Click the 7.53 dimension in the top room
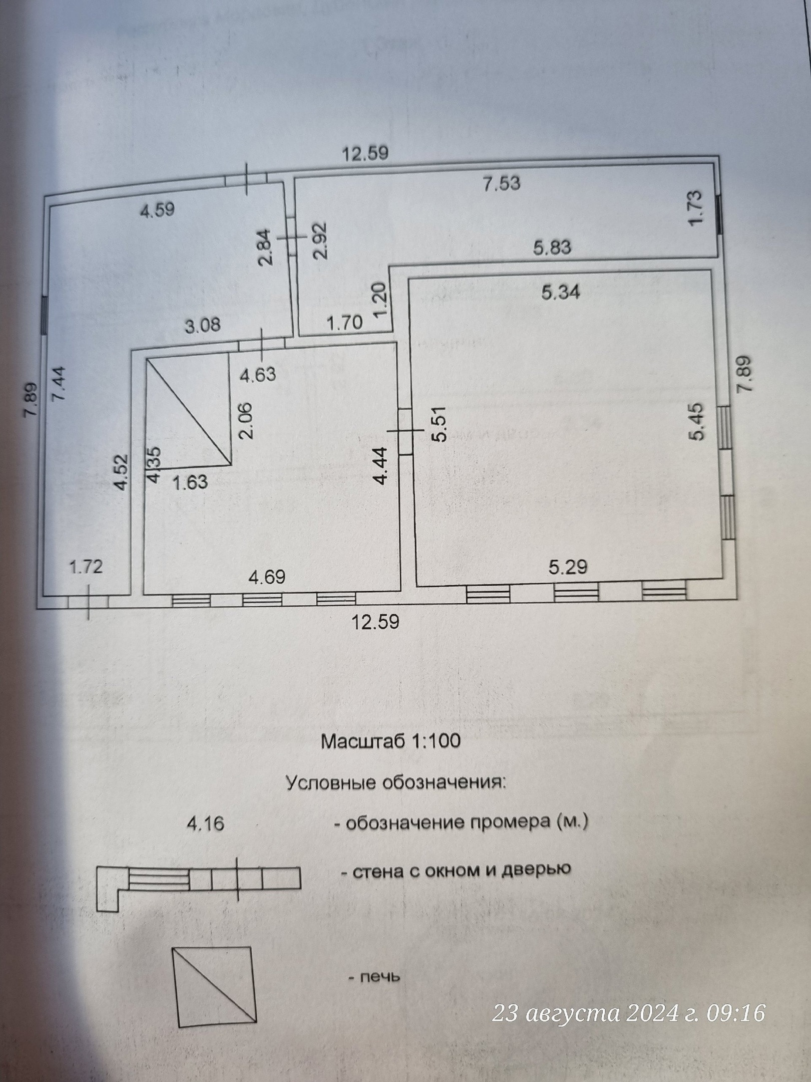[x=502, y=183]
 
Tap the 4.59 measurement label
[x=157, y=209]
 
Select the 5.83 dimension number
[x=552, y=247]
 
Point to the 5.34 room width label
[x=561, y=292]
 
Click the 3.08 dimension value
[x=202, y=325]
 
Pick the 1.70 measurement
[x=344, y=322]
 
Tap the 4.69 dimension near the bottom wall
[x=267, y=577]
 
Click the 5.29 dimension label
[x=568, y=567]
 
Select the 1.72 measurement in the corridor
[x=86, y=567]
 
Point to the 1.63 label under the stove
[x=190, y=482]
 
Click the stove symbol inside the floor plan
[x=188, y=409]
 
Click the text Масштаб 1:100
[x=390, y=741]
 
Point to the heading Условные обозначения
[x=396, y=782]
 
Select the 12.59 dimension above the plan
[x=365, y=153]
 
